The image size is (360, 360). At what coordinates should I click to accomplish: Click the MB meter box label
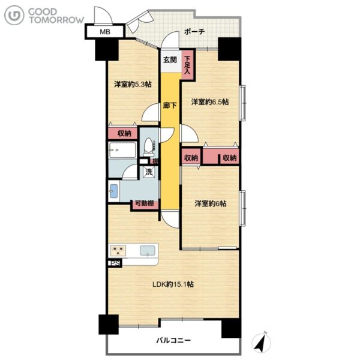coord(105,32)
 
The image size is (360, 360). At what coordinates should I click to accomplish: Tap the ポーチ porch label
coord(194,31)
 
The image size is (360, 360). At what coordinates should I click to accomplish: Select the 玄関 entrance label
coord(170,60)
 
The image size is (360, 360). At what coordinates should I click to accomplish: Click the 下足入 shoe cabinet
coord(187,65)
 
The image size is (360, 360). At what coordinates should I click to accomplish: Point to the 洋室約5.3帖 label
coord(133,84)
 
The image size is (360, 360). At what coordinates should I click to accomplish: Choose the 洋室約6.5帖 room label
coord(210,102)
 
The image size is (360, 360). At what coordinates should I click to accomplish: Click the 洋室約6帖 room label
coord(211,203)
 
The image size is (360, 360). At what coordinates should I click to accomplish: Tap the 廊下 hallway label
coord(170,106)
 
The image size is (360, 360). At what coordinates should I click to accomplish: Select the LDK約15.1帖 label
coord(173,284)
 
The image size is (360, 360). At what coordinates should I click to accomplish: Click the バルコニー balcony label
coord(173,340)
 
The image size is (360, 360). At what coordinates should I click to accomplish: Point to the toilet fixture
coord(149,147)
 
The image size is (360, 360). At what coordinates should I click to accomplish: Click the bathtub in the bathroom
coord(122,150)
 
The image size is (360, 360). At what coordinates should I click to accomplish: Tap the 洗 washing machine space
coord(149,172)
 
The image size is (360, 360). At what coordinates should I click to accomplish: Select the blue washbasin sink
coord(114,191)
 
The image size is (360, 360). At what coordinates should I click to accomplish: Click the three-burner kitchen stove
coord(118,250)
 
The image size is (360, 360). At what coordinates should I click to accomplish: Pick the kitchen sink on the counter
coord(148,250)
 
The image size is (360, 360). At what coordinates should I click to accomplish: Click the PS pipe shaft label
coord(115,263)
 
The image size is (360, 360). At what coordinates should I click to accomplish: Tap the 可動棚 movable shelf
coord(145,204)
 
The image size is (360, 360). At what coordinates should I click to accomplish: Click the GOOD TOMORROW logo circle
coord(14,15)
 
